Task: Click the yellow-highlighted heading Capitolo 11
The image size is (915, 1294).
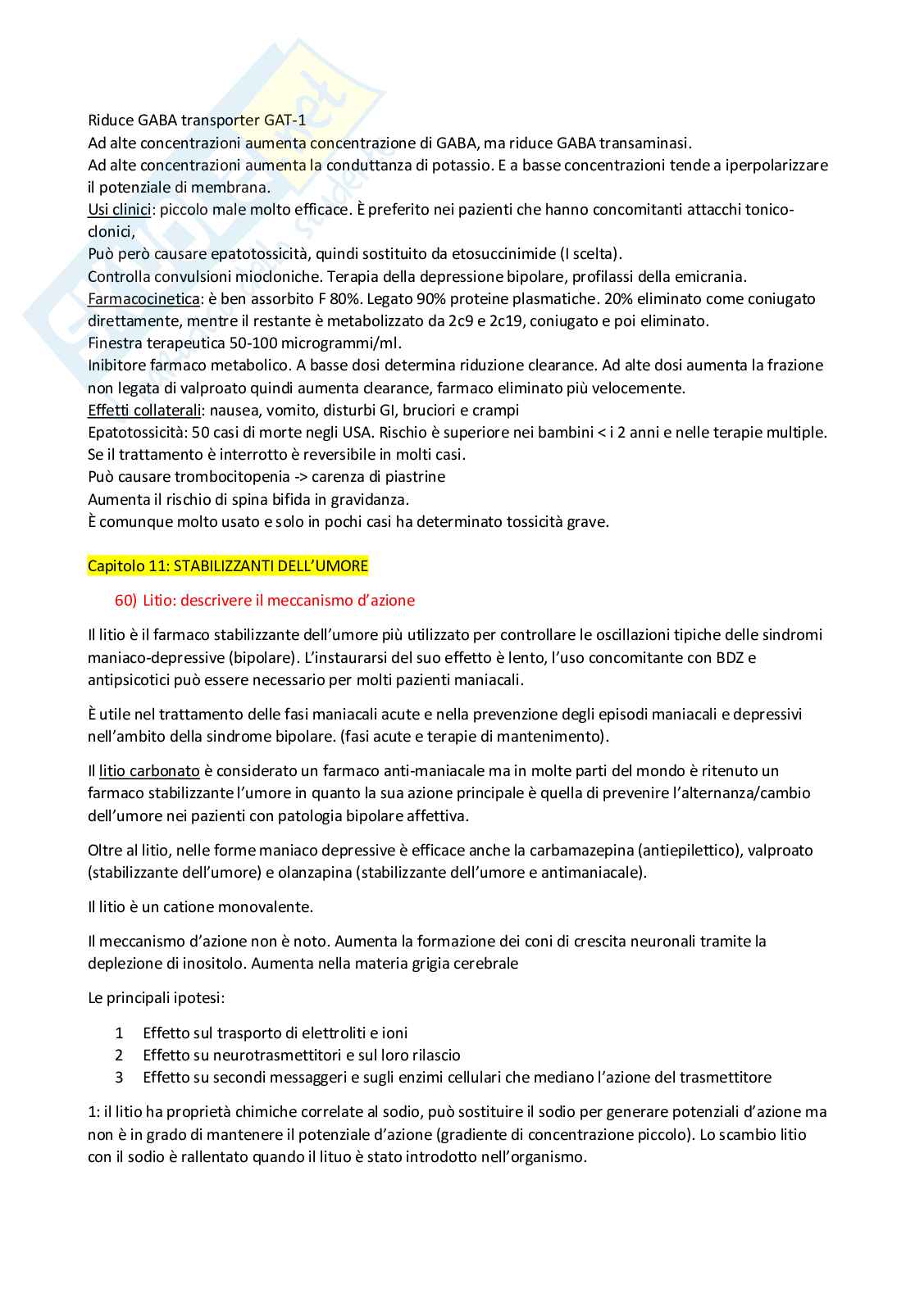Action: click(228, 566)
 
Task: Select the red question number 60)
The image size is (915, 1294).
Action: click(125, 601)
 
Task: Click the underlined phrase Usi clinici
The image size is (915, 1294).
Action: click(120, 210)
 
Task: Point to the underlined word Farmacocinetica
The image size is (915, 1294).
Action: click(143, 299)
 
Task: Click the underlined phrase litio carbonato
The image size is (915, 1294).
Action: click(149, 771)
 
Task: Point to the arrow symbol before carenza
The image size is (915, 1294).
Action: click(300, 477)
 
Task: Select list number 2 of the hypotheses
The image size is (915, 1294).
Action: click(119, 1056)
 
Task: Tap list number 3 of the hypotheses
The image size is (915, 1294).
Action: click(119, 1078)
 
